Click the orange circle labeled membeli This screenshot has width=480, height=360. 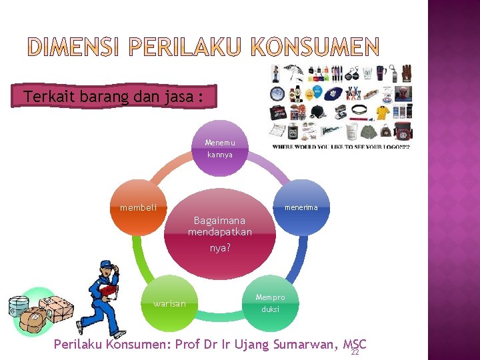tap(138, 208)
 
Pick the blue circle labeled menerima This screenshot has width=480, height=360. tap(301, 208)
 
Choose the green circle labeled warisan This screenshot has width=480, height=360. tap(169, 304)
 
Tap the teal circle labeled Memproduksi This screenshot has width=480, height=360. tap(270, 304)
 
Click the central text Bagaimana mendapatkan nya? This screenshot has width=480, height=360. tap(220, 233)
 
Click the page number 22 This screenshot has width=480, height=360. tap(355, 352)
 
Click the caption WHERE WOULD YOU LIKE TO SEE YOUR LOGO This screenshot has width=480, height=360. tap(341, 147)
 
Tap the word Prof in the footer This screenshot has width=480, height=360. tap(193, 344)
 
